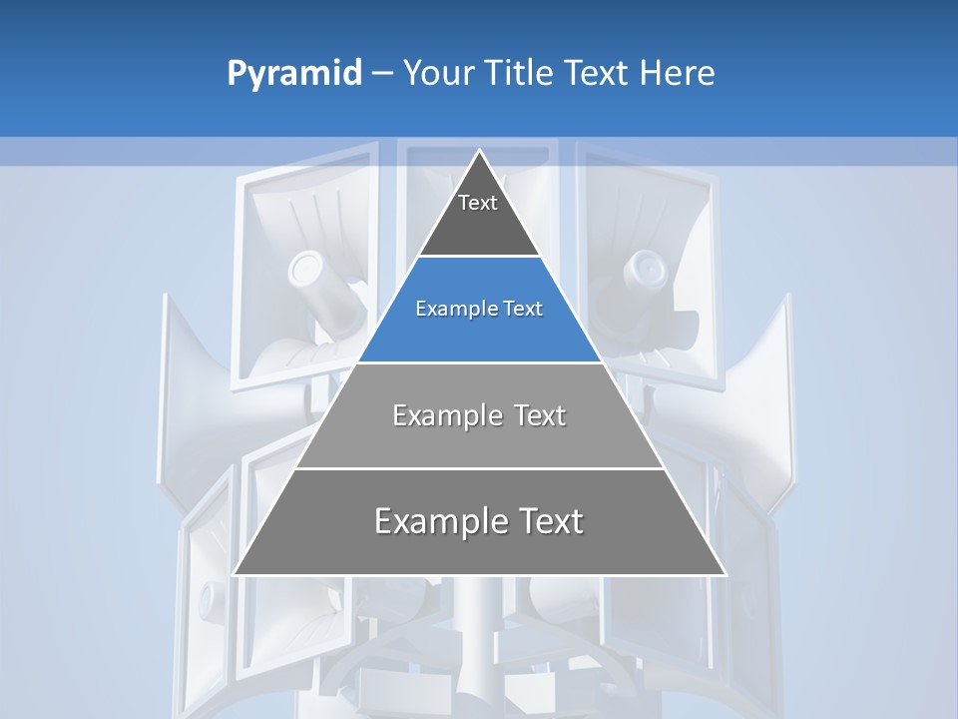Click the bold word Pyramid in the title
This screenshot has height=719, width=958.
point(294,74)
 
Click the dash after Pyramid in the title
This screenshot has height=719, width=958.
point(382,74)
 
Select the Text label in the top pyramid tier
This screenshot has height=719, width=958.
point(478,203)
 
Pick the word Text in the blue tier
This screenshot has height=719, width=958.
point(524,310)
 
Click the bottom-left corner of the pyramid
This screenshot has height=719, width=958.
point(235,574)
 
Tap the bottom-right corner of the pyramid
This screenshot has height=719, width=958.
point(725,574)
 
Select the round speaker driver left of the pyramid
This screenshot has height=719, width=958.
point(305,267)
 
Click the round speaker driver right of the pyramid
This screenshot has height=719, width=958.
point(649,267)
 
